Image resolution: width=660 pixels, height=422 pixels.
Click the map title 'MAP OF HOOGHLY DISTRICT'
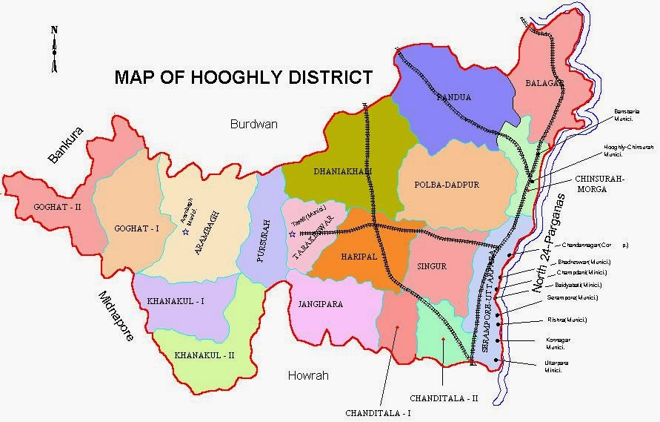(243, 78)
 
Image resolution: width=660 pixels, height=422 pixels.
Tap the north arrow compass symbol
(54, 50)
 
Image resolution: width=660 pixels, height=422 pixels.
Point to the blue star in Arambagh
(185, 232)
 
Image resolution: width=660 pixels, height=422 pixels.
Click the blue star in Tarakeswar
(293, 234)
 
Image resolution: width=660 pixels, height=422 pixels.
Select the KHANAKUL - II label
(204, 355)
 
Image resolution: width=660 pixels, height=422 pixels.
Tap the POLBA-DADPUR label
(439, 185)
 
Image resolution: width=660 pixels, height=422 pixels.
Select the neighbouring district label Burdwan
(253, 124)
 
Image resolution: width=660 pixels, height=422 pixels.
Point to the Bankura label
(66, 145)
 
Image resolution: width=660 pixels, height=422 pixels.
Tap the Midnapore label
(116, 316)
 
